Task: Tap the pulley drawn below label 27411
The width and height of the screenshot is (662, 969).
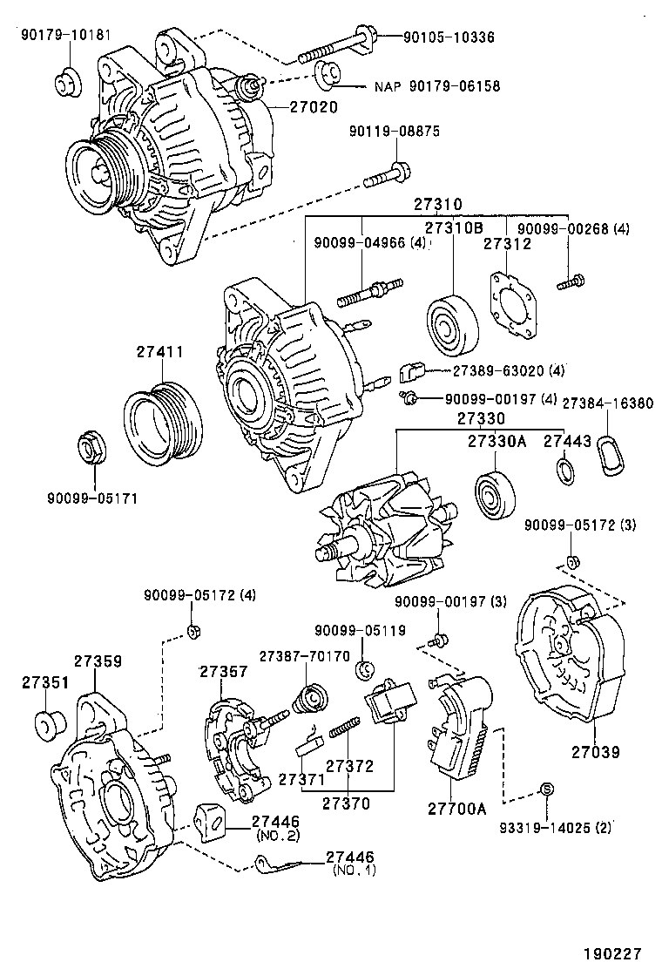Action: click(x=163, y=421)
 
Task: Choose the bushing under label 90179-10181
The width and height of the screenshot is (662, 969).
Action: click(x=65, y=81)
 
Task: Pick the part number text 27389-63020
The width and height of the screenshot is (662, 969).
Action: click(x=496, y=370)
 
